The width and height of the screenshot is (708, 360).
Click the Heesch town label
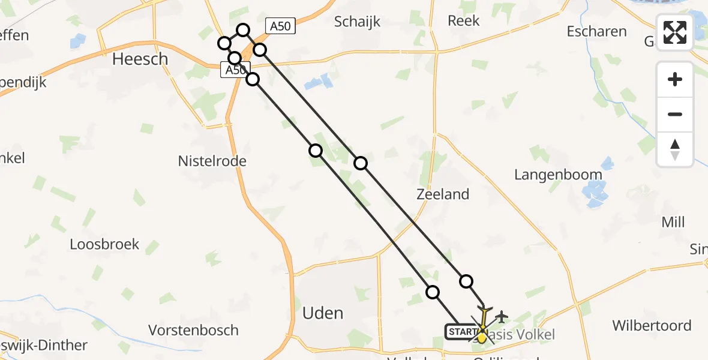(x=140, y=59)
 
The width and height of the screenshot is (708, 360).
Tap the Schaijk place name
(x=358, y=22)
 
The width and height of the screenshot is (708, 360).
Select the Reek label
(x=464, y=20)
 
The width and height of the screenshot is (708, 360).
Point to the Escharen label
(x=596, y=31)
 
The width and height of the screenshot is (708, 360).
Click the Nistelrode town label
(x=212, y=161)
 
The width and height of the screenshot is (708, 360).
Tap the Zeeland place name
(x=443, y=194)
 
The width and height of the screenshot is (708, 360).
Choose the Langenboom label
(x=558, y=175)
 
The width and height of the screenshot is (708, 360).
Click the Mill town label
(x=673, y=222)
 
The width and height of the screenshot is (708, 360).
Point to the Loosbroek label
(x=104, y=244)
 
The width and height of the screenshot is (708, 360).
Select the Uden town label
(x=323, y=313)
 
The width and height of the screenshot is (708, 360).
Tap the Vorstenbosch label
(x=194, y=330)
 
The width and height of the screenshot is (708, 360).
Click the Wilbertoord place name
(x=652, y=326)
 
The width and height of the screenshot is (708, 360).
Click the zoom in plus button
(x=675, y=79)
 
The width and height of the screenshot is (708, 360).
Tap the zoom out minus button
(x=675, y=114)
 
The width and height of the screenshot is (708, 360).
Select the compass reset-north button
(x=675, y=149)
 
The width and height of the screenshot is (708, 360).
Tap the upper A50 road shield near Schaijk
(x=281, y=26)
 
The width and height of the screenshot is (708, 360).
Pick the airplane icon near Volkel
(x=502, y=316)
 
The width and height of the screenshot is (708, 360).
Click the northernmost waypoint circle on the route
(x=243, y=30)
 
